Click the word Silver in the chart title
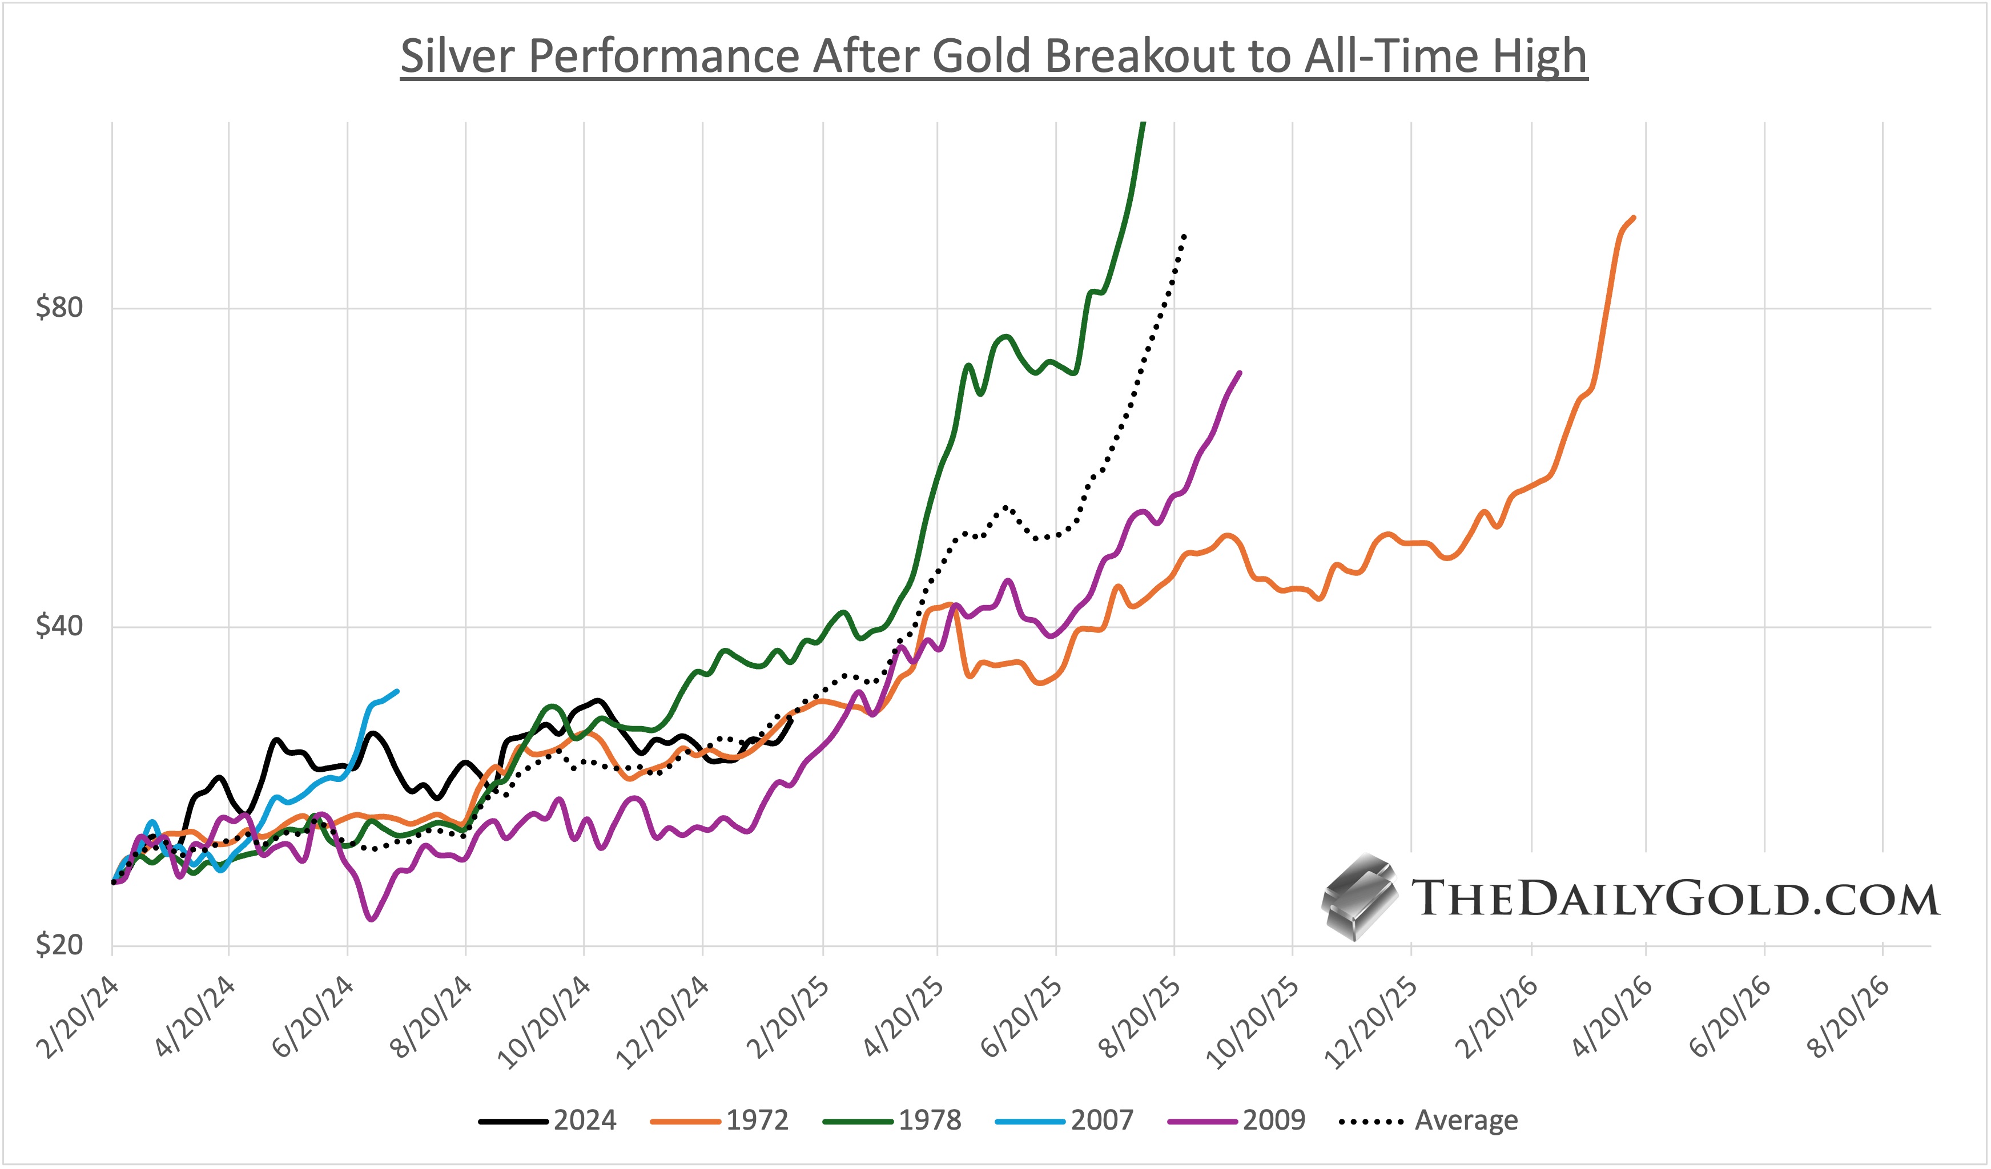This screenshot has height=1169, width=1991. pos(458,57)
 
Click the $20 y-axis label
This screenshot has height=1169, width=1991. pos(59,945)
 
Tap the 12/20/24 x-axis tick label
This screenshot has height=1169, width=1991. pos(663,1022)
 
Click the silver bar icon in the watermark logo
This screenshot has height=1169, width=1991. pos(1357,898)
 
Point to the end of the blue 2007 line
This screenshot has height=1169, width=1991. pos(397,691)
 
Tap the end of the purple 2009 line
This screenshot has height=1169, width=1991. pos(1240,373)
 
